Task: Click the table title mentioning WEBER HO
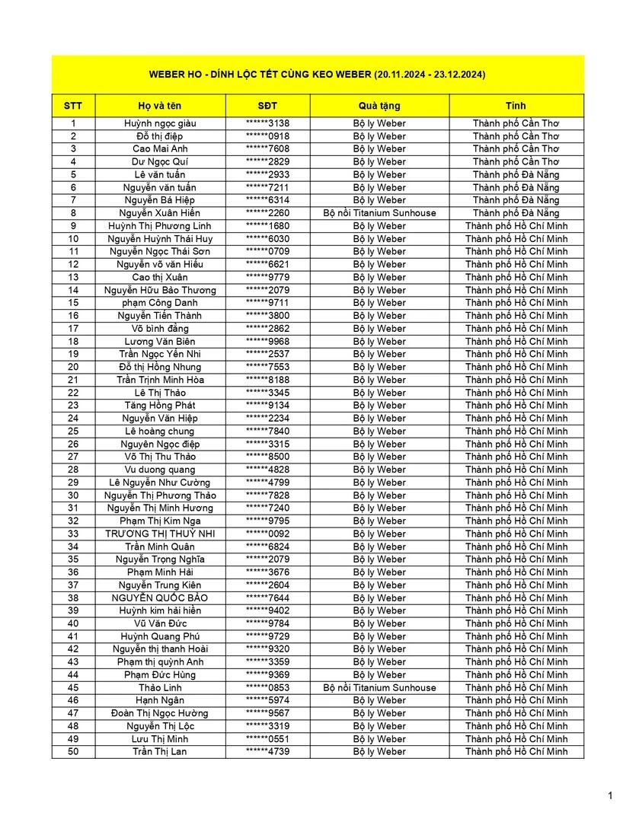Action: click(x=318, y=75)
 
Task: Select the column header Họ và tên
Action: click(x=160, y=106)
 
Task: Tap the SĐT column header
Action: click(x=267, y=106)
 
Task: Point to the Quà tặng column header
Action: click(x=379, y=106)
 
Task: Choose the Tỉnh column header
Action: click(x=516, y=106)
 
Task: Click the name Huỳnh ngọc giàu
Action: click(x=160, y=123)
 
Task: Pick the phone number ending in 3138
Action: click(x=267, y=123)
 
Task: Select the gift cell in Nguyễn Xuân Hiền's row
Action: click(x=379, y=213)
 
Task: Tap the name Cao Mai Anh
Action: click(x=160, y=148)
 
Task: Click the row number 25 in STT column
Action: click(x=73, y=431)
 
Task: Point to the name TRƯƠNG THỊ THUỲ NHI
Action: click(x=160, y=534)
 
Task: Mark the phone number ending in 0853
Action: click(x=267, y=687)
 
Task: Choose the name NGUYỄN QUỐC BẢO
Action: click(x=160, y=597)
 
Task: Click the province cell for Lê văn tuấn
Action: click(x=516, y=174)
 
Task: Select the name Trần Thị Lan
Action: click(x=160, y=751)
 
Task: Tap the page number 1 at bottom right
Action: click(x=610, y=796)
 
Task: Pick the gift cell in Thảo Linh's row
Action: click(x=379, y=687)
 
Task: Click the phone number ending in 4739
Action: click(x=267, y=751)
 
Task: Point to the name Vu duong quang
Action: click(x=160, y=470)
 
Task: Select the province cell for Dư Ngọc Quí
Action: click(x=516, y=161)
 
